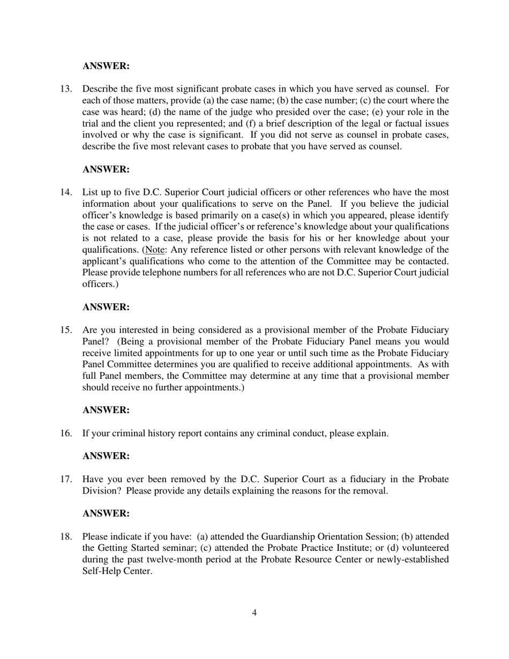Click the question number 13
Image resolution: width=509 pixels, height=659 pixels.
66,89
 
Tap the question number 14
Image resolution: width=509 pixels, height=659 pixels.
66,192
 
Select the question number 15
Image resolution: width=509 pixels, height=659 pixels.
66,330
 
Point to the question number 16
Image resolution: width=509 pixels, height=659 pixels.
66,433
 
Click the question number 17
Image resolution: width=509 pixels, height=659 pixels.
66,479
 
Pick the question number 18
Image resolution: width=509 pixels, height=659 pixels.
66,537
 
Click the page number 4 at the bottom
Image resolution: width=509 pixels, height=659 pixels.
254,613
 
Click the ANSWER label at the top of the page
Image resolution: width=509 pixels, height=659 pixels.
106,66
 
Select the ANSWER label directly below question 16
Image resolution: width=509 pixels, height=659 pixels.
106,456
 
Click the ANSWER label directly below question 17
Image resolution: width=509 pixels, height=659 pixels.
106,513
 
